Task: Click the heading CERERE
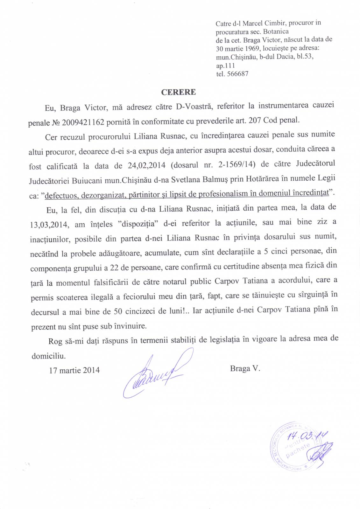[x=178, y=92]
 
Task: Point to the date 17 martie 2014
[x=74, y=370]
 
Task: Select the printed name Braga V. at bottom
[x=245, y=368]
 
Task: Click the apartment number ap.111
[x=225, y=66]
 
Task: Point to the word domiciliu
[x=48, y=355]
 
